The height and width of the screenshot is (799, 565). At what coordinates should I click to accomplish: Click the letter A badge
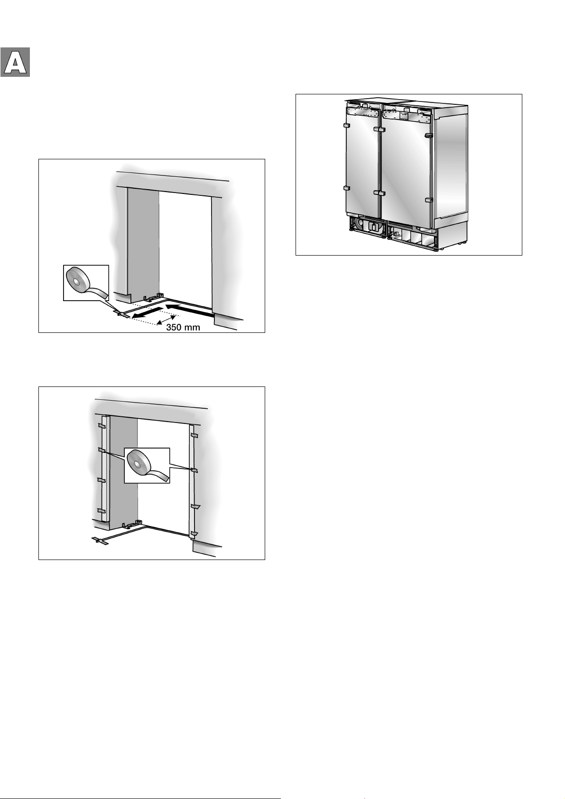(x=15, y=62)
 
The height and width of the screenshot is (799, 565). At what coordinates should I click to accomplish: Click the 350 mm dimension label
(x=183, y=327)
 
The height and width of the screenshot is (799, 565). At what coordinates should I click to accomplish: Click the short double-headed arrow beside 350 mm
(x=167, y=320)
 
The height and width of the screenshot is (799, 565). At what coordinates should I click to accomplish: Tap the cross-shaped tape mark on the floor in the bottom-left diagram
(x=100, y=541)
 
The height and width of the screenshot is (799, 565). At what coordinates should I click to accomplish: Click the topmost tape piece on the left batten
(x=101, y=426)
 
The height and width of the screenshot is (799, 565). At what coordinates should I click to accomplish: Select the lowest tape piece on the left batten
(x=102, y=511)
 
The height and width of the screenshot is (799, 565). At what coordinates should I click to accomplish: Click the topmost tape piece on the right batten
(x=194, y=435)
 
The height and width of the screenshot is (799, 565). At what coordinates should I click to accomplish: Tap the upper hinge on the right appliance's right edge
(x=429, y=135)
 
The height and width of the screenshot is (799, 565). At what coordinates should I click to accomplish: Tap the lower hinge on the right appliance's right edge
(x=429, y=200)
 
